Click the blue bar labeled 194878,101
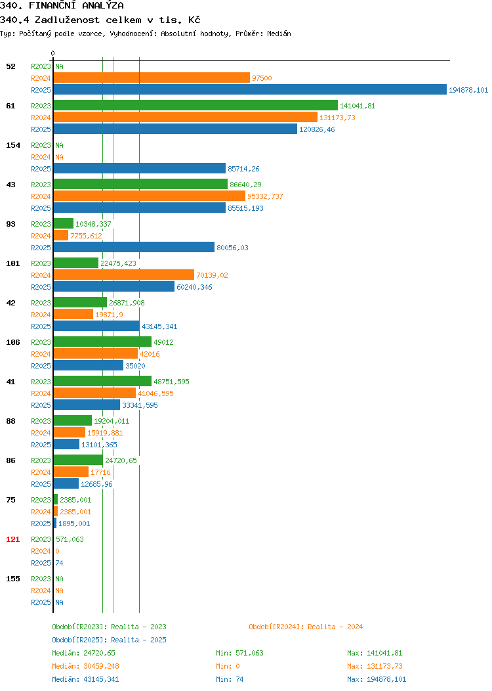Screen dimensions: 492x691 coord(250,89)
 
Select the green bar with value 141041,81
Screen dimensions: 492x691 coord(196,105)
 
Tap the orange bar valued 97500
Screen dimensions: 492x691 coord(152,78)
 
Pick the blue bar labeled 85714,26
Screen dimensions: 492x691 coord(140,168)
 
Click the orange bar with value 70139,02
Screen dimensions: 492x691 coord(124,275)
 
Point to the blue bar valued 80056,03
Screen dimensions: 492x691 coord(134,247)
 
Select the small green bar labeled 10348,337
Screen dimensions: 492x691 coord(64,223)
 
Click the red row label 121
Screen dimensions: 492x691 coord(12,539)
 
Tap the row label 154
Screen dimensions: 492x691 coord(12,145)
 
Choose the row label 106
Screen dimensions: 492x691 coord(12,342)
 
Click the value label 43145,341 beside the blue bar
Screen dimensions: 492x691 coord(159,326)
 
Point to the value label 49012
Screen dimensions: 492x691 coord(163,342)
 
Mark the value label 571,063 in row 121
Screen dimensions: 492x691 coord(70,539)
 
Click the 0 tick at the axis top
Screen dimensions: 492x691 coord(53,53)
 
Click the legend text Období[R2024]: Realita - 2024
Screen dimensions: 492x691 coord(306,627)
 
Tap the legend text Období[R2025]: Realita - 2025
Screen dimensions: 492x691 coord(109,640)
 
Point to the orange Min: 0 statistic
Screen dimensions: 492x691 coord(228,666)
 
